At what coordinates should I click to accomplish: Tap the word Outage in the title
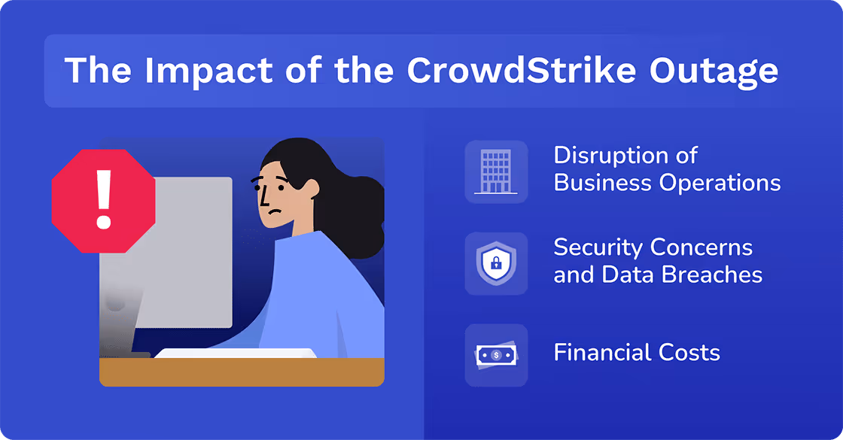click(x=713, y=70)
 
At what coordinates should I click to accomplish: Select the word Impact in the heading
click(x=192, y=70)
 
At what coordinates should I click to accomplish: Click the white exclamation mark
click(x=104, y=199)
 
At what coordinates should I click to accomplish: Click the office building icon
click(x=495, y=171)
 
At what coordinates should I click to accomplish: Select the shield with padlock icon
click(x=495, y=263)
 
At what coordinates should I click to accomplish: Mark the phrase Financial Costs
click(x=637, y=352)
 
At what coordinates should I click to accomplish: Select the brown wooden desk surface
click(x=241, y=372)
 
